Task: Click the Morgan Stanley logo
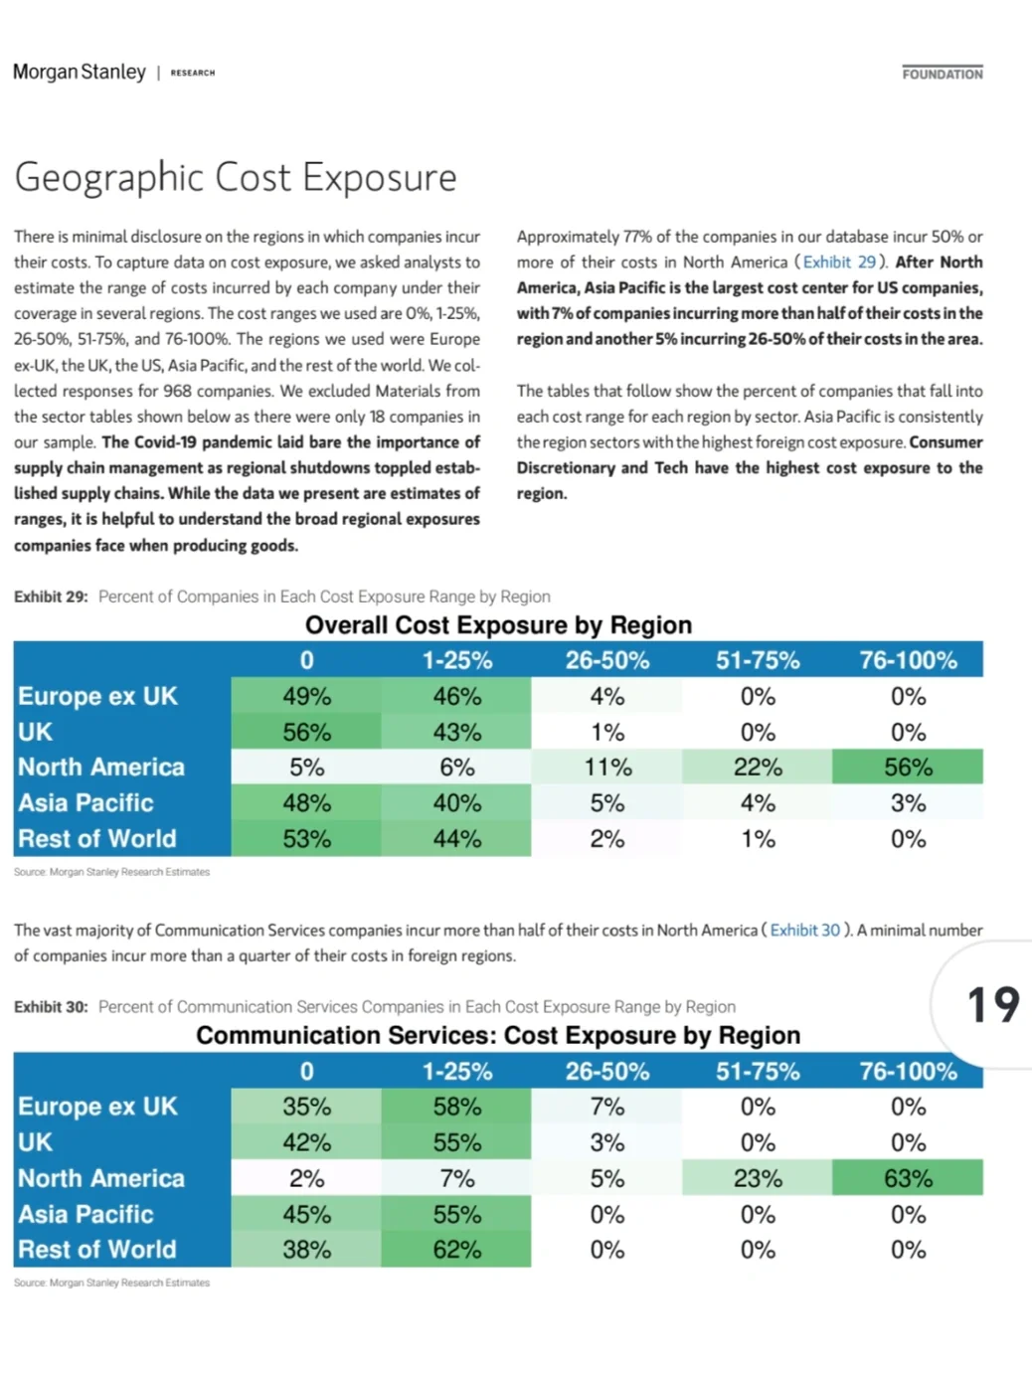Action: [80, 73]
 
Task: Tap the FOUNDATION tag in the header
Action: [942, 74]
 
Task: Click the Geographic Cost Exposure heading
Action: [236, 178]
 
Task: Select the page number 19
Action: [992, 1005]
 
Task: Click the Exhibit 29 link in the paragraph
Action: [839, 262]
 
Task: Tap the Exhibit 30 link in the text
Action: [804, 931]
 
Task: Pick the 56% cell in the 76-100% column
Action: [907, 768]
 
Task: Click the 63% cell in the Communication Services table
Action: [907, 1178]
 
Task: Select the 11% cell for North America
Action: [606, 768]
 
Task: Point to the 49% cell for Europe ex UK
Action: [306, 696]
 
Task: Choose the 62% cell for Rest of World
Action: [456, 1250]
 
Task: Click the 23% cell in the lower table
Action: [757, 1178]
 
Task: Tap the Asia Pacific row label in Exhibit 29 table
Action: [86, 803]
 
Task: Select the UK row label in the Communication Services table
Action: [36, 1142]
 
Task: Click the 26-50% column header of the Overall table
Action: [606, 660]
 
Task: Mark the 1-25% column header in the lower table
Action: [456, 1071]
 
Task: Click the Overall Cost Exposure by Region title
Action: [498, 625]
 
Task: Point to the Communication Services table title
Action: [498, 1036]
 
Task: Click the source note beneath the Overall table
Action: [111, 872]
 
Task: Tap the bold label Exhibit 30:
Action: [51, 1007]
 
